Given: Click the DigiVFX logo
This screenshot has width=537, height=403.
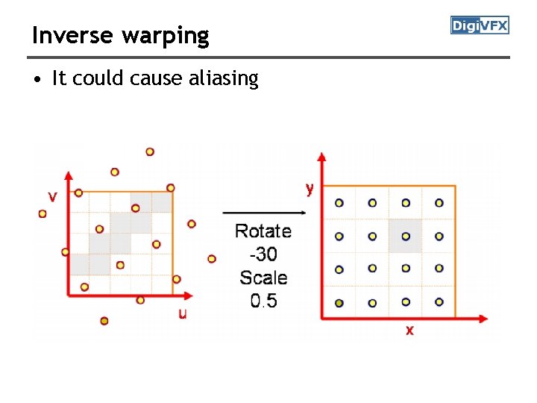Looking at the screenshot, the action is [x=480, y=26].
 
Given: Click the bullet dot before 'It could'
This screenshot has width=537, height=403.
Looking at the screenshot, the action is [x=37, y=79].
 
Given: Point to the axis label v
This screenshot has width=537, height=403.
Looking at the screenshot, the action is [x=52, y=197].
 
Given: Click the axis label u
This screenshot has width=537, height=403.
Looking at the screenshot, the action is [x=182, y=313].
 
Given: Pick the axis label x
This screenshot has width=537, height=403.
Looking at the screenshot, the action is [x=409, y=329].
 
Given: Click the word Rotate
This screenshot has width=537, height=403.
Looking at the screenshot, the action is [x=263, y=231].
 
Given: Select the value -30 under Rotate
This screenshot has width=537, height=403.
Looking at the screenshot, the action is [x=263, y=254].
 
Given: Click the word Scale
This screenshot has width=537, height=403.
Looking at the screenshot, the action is [x=263, y=278].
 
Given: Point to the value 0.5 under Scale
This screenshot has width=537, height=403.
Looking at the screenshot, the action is [x=263, y=302].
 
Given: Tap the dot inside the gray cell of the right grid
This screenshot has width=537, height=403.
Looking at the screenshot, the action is [x=406, y=236].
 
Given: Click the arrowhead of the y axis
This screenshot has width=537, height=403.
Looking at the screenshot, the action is [x=322, y=157].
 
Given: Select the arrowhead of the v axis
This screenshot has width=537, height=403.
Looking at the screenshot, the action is [x=69, y=176].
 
